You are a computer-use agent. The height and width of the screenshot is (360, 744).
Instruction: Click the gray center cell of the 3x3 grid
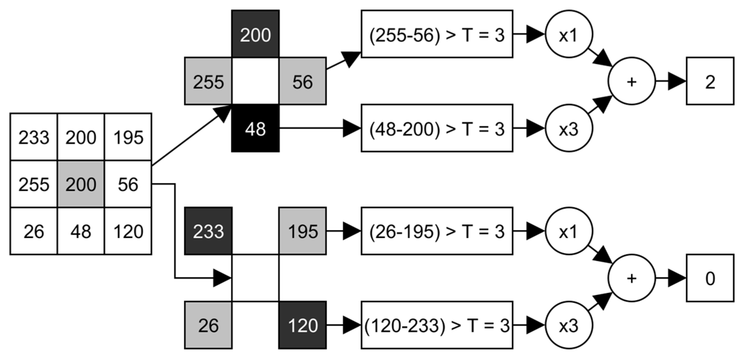81,184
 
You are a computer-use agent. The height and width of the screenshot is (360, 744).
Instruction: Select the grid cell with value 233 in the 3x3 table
34,137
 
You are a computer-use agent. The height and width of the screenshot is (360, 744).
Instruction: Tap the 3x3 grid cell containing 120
128,231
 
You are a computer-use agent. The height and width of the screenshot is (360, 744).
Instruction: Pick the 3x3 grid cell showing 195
128,137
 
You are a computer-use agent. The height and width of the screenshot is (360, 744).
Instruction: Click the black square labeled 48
255,129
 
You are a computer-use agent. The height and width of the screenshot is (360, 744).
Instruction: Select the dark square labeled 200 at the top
255,34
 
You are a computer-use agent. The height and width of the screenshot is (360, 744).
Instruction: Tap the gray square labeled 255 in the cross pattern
208,81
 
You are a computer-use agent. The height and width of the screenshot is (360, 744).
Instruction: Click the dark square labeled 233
208,231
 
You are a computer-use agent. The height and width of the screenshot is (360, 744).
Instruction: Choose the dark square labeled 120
302,325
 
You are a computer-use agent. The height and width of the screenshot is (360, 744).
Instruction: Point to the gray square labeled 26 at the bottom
208,325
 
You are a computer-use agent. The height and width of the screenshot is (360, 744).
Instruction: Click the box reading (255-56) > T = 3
437,34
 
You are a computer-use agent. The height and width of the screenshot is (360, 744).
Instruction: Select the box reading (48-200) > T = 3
437,128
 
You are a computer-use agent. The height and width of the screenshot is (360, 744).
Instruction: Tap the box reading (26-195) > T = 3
437,231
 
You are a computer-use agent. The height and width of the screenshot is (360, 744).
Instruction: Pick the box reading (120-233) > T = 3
437,325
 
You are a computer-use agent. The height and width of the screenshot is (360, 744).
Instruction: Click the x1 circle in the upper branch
569,34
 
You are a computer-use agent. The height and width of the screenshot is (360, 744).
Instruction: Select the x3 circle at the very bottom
569,325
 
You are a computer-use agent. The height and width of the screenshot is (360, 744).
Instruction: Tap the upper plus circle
631,81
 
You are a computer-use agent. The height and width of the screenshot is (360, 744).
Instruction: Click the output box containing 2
710,81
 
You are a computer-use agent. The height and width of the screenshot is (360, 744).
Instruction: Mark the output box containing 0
710,278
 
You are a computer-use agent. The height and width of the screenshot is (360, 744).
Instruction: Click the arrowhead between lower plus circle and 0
676,278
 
